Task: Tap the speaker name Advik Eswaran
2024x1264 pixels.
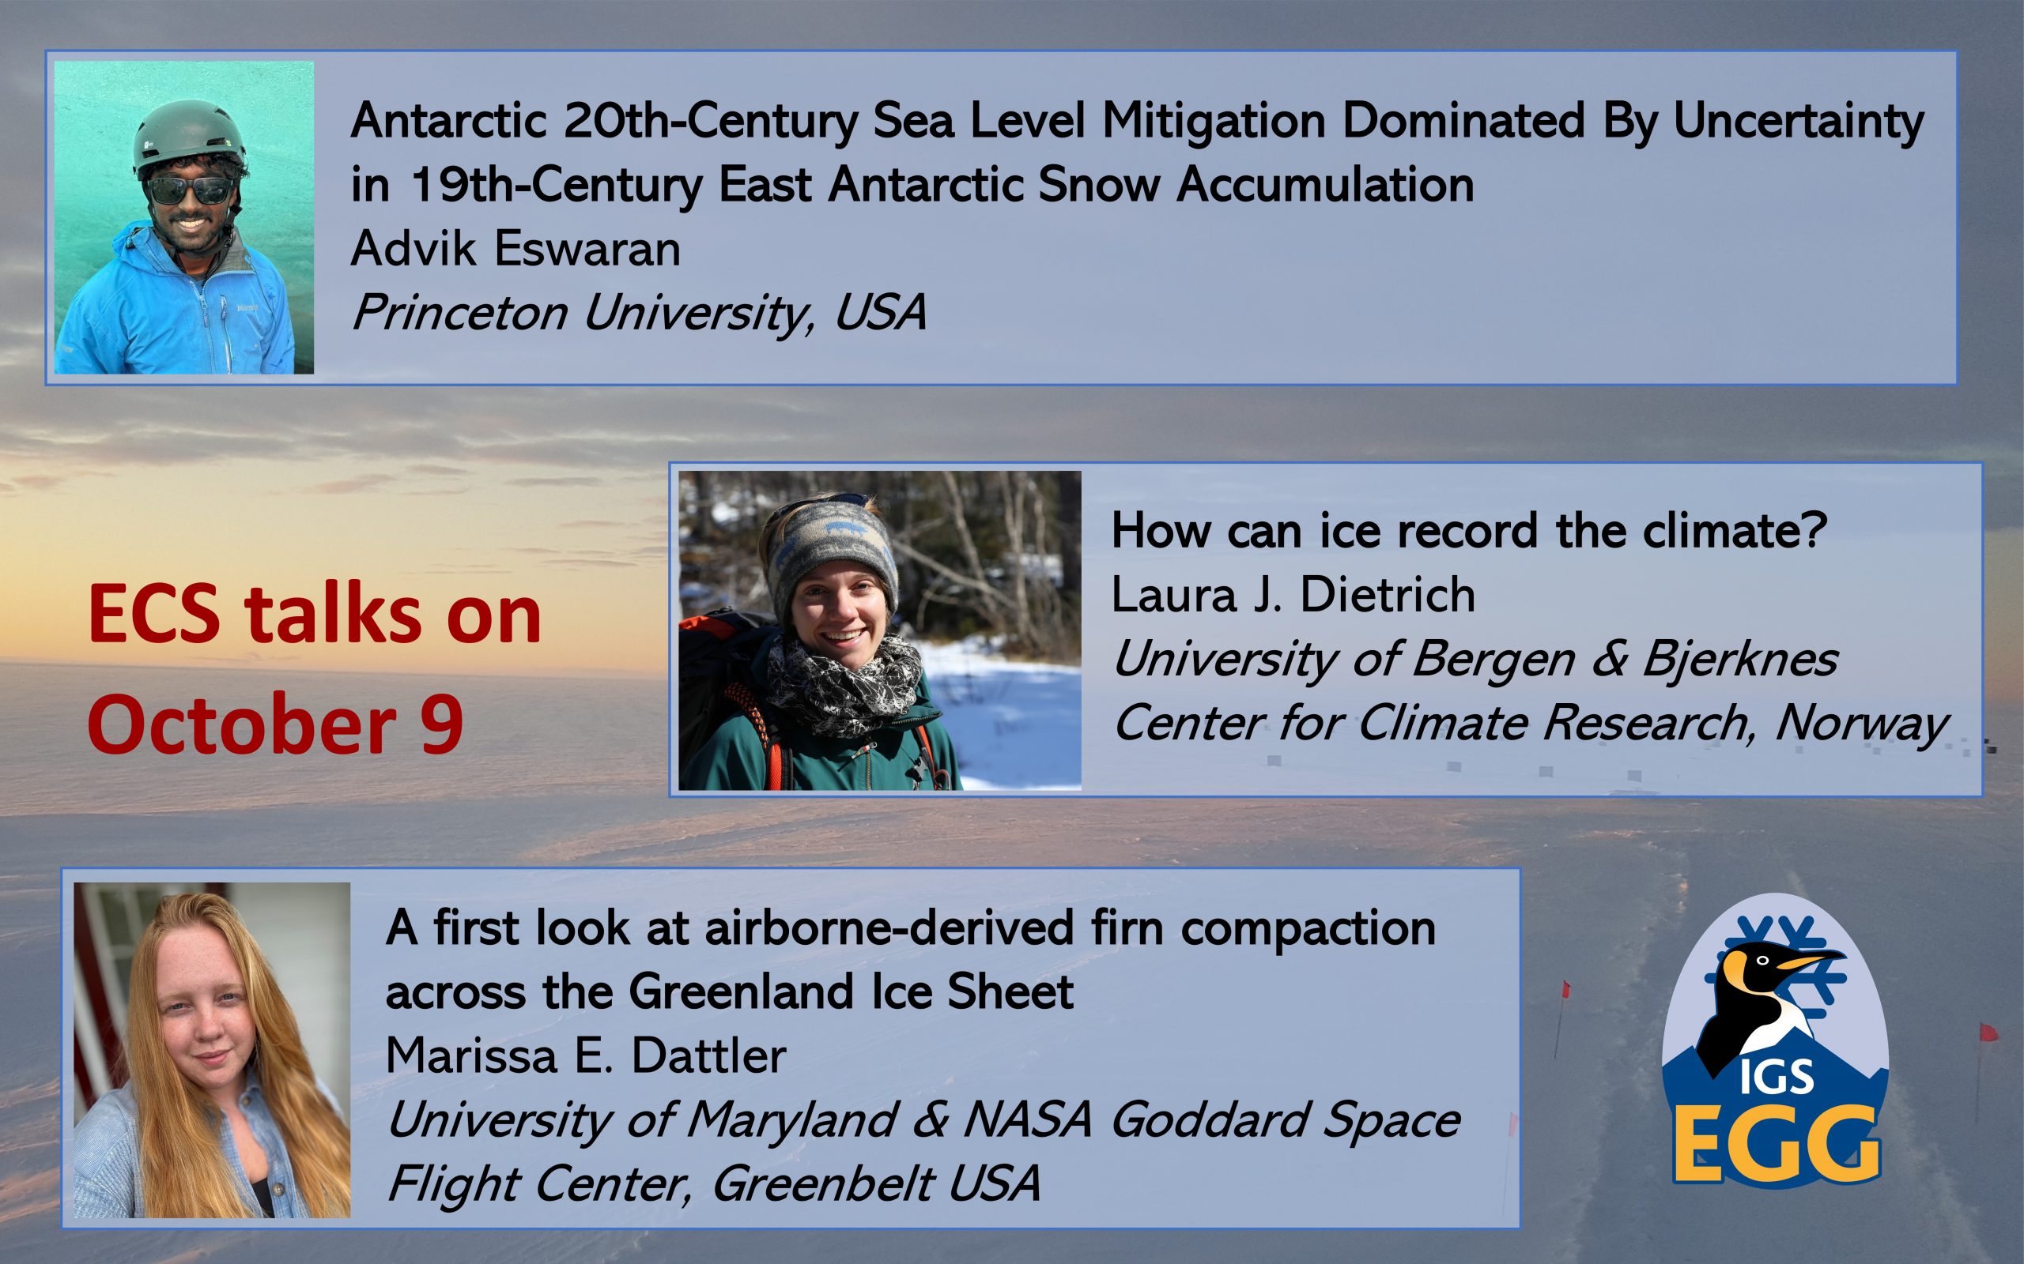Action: point(515,249)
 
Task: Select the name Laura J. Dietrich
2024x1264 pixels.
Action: point(1293,595)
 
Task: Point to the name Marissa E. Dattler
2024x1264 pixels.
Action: point(585,1056)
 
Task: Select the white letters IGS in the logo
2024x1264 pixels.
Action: point(1777,1077)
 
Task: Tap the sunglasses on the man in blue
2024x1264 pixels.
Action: point(190,190)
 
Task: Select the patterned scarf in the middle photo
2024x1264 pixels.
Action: point(844,681)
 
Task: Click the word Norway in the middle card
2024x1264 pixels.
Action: point(1862,723)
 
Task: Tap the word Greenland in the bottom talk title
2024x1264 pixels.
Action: point(741,992)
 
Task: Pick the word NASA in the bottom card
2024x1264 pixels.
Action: point(1028,1120)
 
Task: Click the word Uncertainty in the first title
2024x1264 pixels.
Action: point(1798,122)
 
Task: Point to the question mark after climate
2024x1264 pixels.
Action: point(1816,531)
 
